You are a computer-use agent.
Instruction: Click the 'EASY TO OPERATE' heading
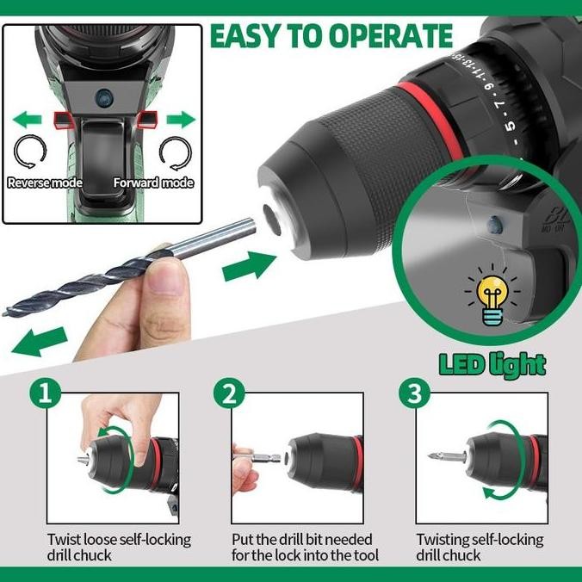click(331, 36)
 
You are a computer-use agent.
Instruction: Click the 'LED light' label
click(492, 364)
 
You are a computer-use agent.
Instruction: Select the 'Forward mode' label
click(154, 183)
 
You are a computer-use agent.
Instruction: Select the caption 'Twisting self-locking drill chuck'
click(480, 548)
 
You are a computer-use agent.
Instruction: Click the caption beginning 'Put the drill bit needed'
click(305, 548)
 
